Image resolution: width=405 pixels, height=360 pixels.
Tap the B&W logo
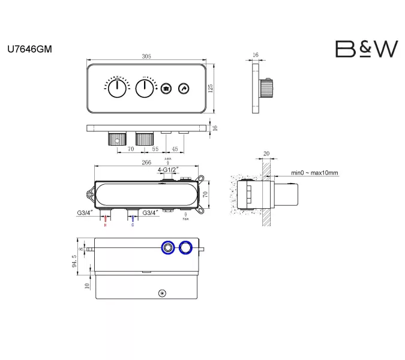coord(365,49)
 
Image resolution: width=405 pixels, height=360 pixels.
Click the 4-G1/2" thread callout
coord(168,170)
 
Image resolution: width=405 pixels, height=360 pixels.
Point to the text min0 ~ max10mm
coord(314,173)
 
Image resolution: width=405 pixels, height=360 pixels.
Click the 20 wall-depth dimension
coord(266,154)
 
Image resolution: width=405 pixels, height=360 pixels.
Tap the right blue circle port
coord(187,247)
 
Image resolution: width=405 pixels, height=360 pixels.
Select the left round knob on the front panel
coord(116,89)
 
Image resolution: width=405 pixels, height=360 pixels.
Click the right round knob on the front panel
coord(144,89)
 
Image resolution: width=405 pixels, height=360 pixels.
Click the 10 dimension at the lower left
coord(88,286)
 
